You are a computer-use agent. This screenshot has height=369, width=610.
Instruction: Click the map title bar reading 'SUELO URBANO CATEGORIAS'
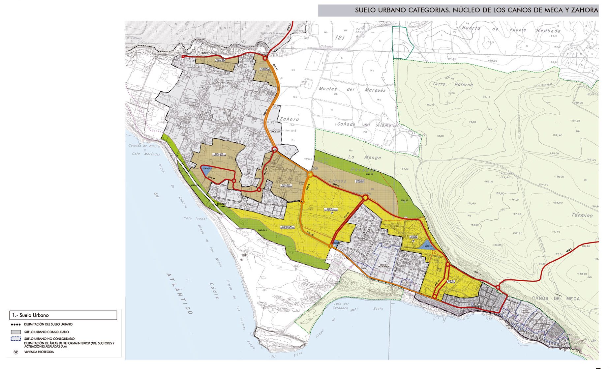pos(458,10)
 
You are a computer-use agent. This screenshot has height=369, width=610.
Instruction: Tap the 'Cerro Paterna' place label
pos(453,84)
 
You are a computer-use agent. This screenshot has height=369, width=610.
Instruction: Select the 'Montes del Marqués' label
pos(352,89)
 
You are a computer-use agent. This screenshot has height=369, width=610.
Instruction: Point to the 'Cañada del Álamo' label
pos(364,125)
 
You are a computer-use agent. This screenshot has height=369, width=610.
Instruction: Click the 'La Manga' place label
pos(365,157)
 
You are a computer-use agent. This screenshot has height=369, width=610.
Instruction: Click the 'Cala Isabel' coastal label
pos(195,218)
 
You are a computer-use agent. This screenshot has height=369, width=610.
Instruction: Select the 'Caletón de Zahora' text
pos(144,146)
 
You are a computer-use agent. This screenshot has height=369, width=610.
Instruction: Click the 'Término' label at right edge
pos(582,215)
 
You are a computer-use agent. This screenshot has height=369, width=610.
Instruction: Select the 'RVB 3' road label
pos(569,251)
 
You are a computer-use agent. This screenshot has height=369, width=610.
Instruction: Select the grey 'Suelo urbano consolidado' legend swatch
pos(16,332)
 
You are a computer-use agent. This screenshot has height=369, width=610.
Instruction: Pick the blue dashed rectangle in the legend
pos(16,339)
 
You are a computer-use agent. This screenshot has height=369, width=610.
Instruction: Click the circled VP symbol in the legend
pos(16,352)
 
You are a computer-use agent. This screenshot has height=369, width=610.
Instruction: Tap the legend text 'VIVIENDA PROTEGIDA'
pos(39,352)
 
